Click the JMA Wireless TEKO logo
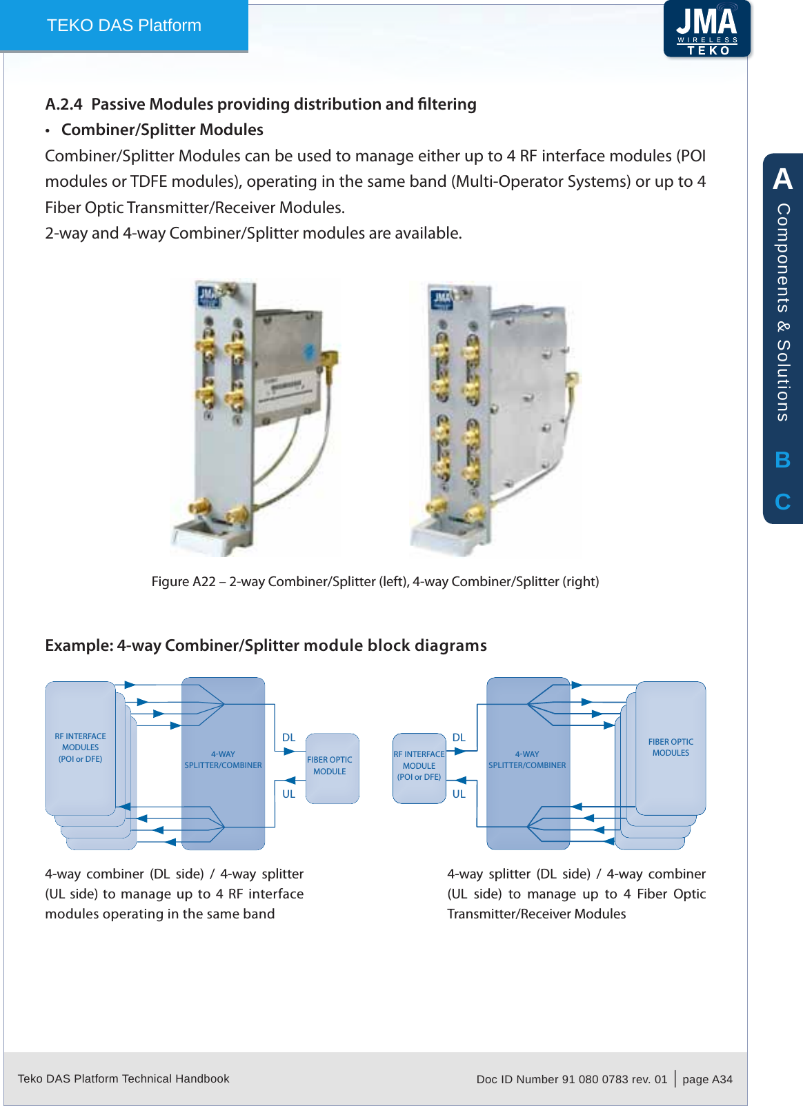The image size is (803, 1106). (706, 29)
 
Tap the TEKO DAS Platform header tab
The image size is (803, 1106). (124, 26)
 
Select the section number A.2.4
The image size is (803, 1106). (63, 104)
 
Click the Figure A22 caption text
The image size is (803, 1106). (375, 581)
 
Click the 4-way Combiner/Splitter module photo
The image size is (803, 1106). (494, 417)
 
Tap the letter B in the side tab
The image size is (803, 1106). (782, 460)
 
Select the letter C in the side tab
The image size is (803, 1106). (782, 501)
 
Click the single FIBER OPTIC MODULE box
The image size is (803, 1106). (332, 767)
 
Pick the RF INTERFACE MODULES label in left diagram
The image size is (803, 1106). (80, 747)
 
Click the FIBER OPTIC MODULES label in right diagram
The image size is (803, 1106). (671, 747)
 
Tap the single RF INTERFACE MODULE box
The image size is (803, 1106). (419, 767)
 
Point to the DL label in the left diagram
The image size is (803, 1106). (288, 738)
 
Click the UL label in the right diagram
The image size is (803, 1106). (459, 794)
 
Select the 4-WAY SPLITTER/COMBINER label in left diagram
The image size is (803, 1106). (223, 759)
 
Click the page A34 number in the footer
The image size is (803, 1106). (707, 1079)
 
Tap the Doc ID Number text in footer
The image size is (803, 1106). (571, 1079)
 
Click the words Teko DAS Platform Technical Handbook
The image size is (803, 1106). (123, 1078)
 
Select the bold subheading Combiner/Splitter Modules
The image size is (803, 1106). (162, 130)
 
